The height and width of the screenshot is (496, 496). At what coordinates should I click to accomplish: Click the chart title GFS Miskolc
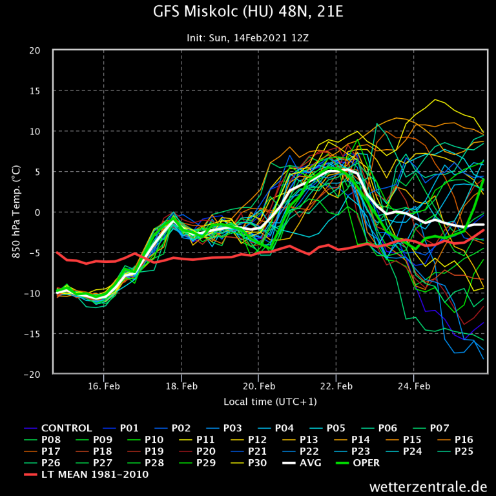coord(247,12)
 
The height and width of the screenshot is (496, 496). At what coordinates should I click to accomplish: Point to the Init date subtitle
coord(248,37)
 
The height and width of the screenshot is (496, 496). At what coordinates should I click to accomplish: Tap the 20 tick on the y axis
coord(36,51)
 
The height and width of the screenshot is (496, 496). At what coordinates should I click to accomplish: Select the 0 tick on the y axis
coord(39,212)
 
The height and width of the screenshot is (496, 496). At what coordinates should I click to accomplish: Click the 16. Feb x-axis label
coord(104,387)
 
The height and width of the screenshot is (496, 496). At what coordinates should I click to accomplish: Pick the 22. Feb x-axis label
coord(336,387)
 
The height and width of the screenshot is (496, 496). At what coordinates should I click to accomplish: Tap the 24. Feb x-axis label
coord(414,387)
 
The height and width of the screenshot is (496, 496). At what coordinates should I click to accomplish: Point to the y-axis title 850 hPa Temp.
coord(15,212)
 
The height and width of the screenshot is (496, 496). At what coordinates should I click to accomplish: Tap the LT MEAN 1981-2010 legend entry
coord(94,474)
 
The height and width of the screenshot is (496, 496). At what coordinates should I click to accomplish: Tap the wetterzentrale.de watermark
coord(428,486)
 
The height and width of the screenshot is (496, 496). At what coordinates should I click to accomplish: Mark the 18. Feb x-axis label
coord(181,387)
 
